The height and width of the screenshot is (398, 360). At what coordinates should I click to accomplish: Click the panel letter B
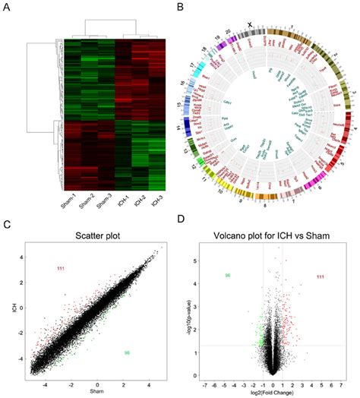tap(182, 8)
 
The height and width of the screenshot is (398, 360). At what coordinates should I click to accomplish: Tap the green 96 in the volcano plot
tap(226, 275)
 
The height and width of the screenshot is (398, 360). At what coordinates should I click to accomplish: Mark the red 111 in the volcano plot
tap(323, 277)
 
